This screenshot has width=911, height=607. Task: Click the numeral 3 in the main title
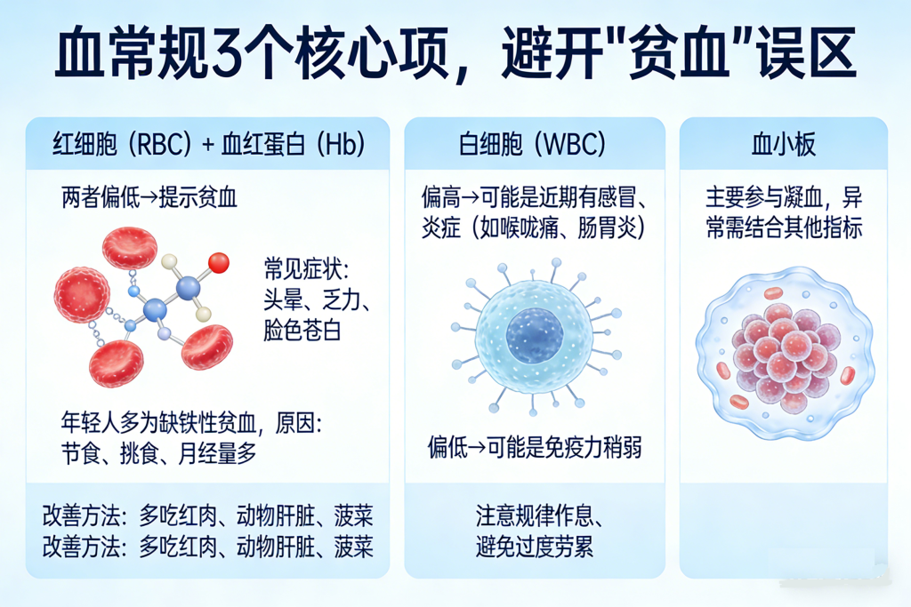(227, 54)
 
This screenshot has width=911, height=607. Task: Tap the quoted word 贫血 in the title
(679, 54)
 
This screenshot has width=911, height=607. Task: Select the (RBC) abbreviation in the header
(160, 144)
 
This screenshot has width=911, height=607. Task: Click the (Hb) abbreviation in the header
(342, 144)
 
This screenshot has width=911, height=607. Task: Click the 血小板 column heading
(783, 144)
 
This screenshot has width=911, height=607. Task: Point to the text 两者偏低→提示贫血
(149, 197)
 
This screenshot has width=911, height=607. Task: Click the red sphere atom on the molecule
(219, 263)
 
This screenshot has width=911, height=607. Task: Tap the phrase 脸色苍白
(302, 331)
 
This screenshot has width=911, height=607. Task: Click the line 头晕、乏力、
(317, 300)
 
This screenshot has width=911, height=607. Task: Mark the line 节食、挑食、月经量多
(158, 453)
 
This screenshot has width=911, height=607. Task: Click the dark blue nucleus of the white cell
(535, 336)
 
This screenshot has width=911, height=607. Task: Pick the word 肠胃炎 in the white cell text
(607, 227)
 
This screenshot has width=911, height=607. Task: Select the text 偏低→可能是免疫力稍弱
(535, 447)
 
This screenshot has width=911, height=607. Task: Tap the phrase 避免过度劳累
(535, 547)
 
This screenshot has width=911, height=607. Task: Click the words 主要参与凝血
(764, 197)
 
